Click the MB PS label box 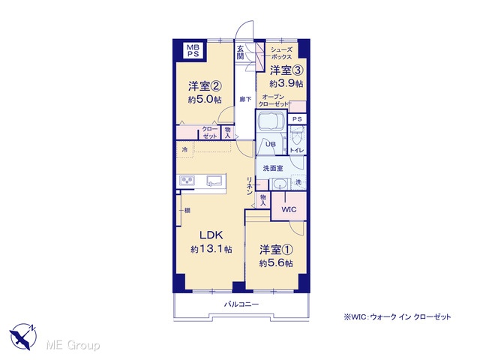coord(193,50)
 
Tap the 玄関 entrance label coord(241,52)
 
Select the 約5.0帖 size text coord(205,100)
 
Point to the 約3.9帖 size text coord(286,83)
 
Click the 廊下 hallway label coord(245,99)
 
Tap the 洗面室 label coord(273,168)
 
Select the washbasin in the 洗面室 coord(280,184)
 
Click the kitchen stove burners coord(187,180)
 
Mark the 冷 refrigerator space coord(185,150)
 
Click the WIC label coord(289,209)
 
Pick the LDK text coord(211,235)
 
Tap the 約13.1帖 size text coord(211,249)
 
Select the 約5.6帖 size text coord(276,263)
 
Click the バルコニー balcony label coord(241,304)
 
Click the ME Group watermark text coord(73,345)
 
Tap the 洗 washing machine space coord(298,182)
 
